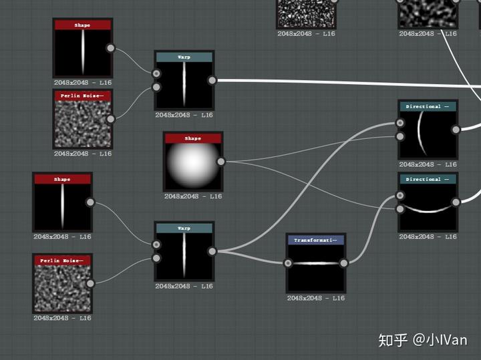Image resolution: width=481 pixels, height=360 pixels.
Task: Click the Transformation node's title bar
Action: click(315, 240)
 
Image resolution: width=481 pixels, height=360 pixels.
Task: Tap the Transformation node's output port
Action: click(343, 263)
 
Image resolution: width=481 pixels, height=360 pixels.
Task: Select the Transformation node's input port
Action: click(288, 263)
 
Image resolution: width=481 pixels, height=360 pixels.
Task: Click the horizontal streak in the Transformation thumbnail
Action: click(315, 264)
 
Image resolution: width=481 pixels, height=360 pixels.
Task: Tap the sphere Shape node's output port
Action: click(221, 161)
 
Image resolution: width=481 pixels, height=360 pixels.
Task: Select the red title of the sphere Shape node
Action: click(192, 138)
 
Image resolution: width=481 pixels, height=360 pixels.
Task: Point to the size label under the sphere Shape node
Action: click(193, 196)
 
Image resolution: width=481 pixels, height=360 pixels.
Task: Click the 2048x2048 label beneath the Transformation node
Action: click(315, 298)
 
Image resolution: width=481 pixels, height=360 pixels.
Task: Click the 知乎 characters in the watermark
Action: click(393, 340)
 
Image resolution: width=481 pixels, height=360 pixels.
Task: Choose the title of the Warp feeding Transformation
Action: click(184, 228)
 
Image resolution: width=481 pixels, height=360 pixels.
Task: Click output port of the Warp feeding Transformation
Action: click(212, 252)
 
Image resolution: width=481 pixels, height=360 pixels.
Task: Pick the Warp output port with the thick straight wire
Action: click(212, 81)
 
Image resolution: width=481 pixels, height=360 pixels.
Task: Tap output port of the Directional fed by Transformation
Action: click(456, 202)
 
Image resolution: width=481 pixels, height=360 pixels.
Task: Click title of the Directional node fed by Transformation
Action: click(428, 179)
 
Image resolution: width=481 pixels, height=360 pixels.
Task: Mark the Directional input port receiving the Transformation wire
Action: click(400, 196)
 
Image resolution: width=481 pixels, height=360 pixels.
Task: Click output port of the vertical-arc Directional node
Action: click(456, 130)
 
